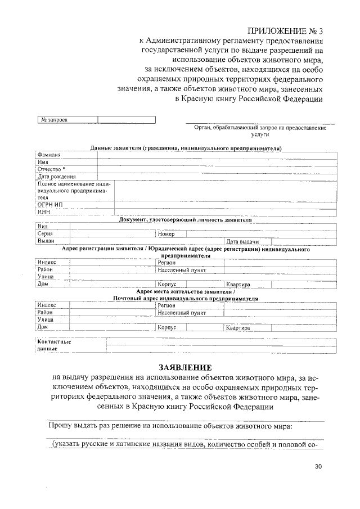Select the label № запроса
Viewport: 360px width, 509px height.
click(x=53, y=120)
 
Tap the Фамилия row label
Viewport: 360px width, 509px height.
click(x=49, y=154)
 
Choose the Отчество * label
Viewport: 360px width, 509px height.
click(x=51, y=169)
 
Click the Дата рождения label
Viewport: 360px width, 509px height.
click(x=56, y=177)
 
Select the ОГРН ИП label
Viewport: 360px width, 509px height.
click(x=49, y=205)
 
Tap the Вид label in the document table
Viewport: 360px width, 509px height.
click(x=42, y=226)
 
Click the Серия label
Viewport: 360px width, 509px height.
click(x=46, y=233)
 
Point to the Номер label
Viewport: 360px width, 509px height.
click(x=166, y=233)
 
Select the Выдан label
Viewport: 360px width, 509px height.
click(x=46, y=241)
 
